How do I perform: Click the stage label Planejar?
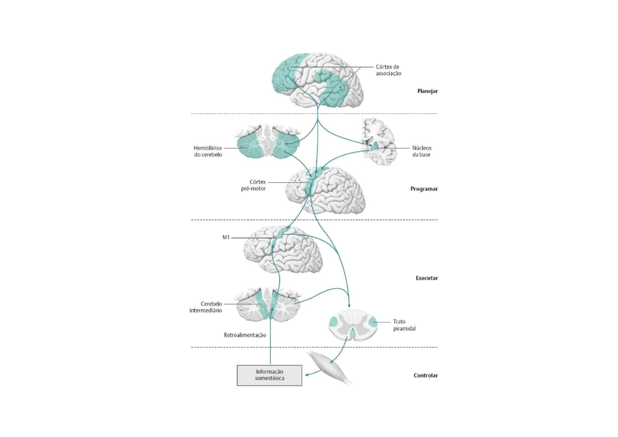pyautogui.click(x=428, y=91)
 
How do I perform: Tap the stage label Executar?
pyautogui.click(x=427, y=278)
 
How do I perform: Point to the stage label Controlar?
pyautogui.click(x=426, y=375)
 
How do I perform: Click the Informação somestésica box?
pyautogui.click(x=269, y=375)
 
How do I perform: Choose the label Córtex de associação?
pyautogui.click(x=388, y=70)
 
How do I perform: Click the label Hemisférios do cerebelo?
pyautogui.click(x=208, y=151)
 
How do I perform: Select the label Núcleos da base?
pyautogui.click(x=421, y=151)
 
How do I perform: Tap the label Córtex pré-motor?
pyautogui.click(x=253, y=185)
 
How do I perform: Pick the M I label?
pyautogui.click(x=226, y=238)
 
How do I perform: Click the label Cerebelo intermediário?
pyautogui.click(x=206, y=307)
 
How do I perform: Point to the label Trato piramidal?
pyautogui.click(x=404, y=325)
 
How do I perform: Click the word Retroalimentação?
pyautogui.click(x=245, y=335)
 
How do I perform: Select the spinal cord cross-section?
pyautogui.click(x=353, y=325)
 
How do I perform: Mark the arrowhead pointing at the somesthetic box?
pyautogui.click(x=307, y=374)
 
